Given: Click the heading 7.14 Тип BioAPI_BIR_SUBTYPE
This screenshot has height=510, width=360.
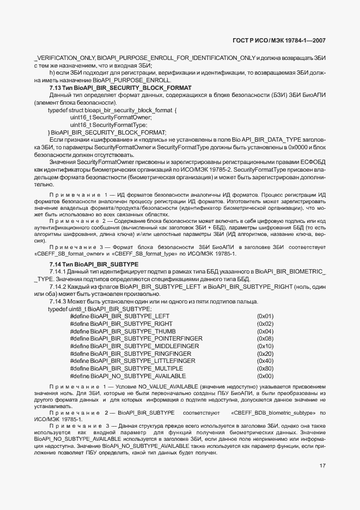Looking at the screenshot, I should point(94,264).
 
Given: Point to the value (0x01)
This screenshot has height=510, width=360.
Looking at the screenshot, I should point(265,316).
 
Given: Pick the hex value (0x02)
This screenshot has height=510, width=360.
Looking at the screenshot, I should point(265,324).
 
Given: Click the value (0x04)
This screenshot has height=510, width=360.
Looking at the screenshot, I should point(265,331).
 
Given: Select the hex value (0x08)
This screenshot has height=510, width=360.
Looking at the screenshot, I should point(265,338).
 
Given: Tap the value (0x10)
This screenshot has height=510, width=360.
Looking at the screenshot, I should point(265,346).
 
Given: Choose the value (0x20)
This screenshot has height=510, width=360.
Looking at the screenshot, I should point(265,354).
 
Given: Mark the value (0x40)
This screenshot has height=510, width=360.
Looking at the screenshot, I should point(265,361).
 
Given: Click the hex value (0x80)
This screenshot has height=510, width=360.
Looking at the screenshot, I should point(265,368).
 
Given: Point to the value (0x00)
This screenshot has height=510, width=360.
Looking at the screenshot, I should point(265,376).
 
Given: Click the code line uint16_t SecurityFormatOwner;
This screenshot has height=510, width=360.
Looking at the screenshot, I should point(111,118).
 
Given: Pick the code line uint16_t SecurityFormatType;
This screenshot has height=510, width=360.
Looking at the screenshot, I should point(109,125).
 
